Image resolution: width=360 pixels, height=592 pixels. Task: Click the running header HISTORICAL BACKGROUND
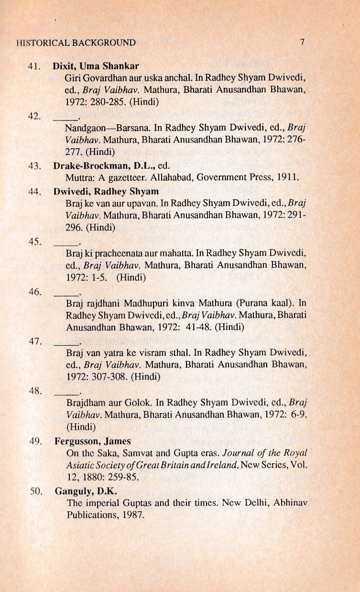tap(76, 43)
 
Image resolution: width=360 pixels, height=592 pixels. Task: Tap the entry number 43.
tap(33, 166)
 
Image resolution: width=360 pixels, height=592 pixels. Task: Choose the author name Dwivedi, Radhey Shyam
tap(106, 192)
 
